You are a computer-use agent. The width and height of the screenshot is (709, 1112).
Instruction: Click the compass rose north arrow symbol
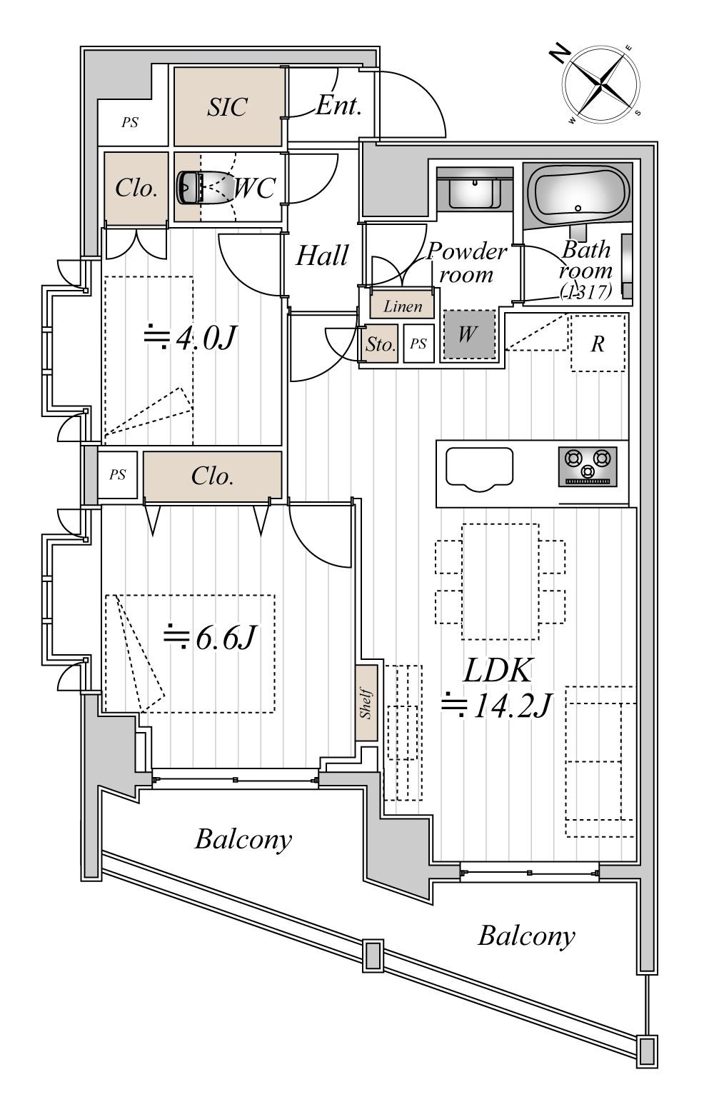click(x=601, y=84)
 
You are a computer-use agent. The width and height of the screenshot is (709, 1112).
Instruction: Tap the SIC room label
click(x=227, y=106)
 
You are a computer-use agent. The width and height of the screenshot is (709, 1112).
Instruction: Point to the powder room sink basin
click(x=474, y=192)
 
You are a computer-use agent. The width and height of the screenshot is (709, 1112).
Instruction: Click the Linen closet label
click(x=403, y=306)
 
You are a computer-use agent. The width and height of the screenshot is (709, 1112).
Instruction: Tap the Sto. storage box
click(x=381, y=344)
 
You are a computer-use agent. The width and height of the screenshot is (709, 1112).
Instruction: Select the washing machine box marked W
click(x=468, y=334)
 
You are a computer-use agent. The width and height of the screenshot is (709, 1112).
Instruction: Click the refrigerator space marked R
click(x=598, y=343)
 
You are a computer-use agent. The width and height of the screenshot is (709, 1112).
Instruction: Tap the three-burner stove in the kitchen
click(x=588, y=466)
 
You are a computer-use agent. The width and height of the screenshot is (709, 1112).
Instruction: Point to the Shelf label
click(x=366, y=703)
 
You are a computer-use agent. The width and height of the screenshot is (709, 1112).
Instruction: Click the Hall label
click(x=321, y=256)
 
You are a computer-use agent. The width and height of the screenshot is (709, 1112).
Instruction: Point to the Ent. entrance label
click(x=338, y=106)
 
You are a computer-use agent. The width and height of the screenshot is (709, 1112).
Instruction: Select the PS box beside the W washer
click(x=418, y=344)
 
